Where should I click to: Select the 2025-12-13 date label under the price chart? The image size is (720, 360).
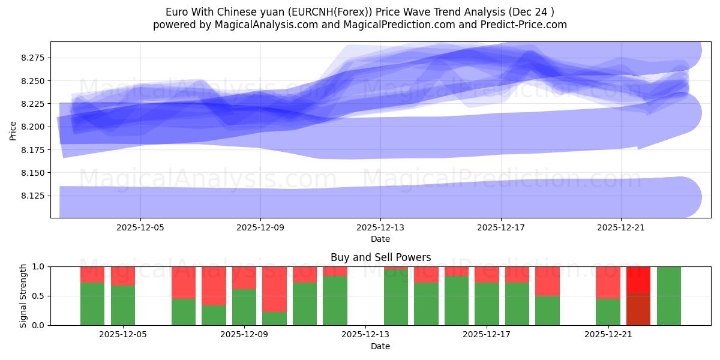pos(380,227)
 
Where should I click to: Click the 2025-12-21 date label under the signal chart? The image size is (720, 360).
pos(608,335)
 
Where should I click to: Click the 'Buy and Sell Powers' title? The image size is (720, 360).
pos(380,257)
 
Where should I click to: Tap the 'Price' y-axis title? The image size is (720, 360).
pos(13,130)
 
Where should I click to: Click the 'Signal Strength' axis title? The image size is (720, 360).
pos(23,296)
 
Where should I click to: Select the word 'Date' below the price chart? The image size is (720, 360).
pos(380,239)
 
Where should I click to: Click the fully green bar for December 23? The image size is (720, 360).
pos(669,296)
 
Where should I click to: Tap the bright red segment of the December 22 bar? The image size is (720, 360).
pos(638,280)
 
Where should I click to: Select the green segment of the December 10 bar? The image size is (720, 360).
pos(274,319)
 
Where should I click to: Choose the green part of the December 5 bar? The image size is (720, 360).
pos(123,305)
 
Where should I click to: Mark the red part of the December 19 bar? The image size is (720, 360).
pos(547,281)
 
